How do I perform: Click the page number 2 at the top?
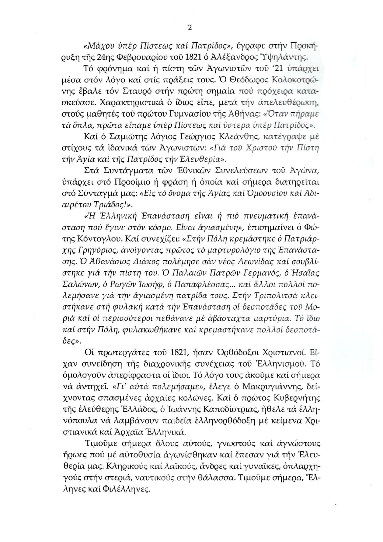click(190, 28)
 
